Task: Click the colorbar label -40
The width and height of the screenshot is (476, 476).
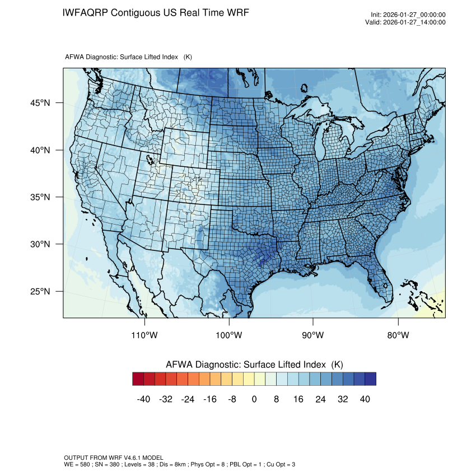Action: [143, 399]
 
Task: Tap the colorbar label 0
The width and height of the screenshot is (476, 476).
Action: [254, 399]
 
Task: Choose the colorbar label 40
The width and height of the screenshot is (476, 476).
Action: [365, 399]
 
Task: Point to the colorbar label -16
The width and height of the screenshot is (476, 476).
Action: [210, 399]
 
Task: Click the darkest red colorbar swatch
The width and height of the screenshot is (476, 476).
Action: [138, 379]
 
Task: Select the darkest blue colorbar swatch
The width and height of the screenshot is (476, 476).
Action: [370, 379]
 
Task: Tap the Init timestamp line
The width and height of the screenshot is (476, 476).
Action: [408, 15]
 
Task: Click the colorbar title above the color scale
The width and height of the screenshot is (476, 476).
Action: [254, 365]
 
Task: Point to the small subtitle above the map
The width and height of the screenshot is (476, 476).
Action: [129, 57]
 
